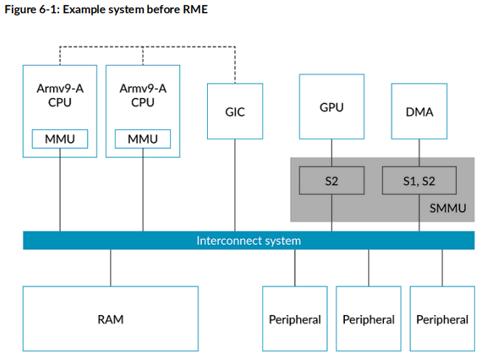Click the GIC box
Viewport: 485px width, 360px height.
(234, 111)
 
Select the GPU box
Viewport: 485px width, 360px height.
(331, 106)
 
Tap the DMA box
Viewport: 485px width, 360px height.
(419, 111)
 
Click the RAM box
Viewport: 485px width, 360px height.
(111, 319)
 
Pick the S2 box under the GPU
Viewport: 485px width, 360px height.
(331, 180)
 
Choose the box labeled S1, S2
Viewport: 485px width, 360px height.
(419, 180)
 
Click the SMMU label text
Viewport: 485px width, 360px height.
(447, 208)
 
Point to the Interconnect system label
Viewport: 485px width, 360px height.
(248, 240)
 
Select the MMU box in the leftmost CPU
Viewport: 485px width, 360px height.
(60, 139)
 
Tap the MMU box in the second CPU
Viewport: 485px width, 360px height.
(142, 139)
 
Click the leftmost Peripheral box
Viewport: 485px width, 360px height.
(295, 319)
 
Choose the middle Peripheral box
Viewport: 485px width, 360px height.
(369, 319)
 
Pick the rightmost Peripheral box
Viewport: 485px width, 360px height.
(442, 319)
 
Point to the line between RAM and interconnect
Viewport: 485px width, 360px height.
(111, 267)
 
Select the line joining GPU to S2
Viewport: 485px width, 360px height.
(331, 153)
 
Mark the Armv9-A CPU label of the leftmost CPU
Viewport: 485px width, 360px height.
(60, 95)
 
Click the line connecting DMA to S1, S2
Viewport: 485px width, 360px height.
(419, 153)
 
